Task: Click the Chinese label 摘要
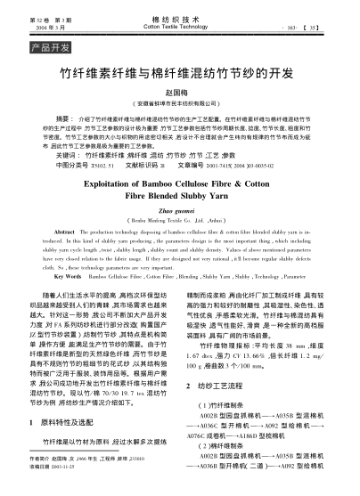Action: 64,118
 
